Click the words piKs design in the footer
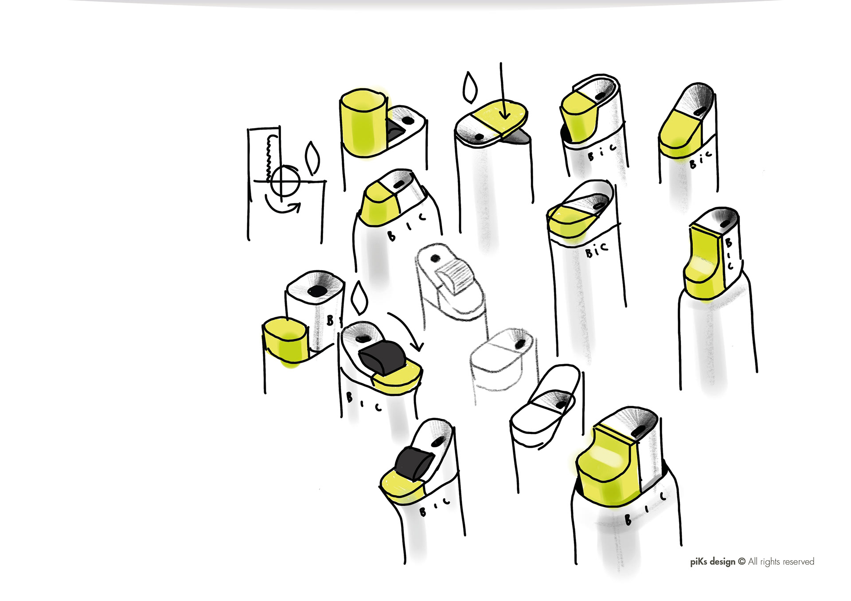[712, 562]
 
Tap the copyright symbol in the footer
[742, 561]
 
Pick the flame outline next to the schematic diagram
[312, 158]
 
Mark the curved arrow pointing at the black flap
[408, 330]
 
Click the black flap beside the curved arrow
[382, 357]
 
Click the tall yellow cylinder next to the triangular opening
[363, 123]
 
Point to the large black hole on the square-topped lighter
[317, 291]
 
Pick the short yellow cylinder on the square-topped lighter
[286, 340]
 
